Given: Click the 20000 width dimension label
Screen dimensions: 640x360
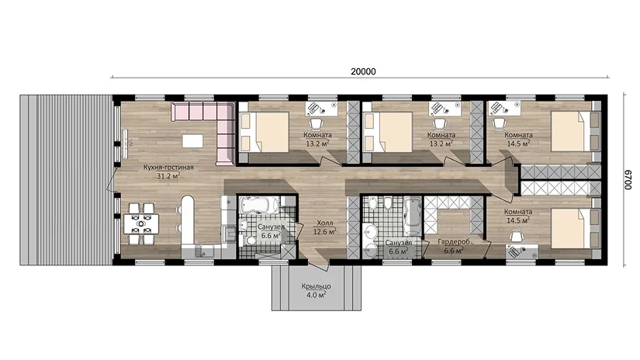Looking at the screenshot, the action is point(363,72).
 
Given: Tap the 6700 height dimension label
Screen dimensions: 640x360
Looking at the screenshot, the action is point(628,179).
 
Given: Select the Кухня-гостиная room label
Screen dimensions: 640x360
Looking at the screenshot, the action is point(168,168).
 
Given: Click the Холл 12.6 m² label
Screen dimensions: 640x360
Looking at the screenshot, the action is point(325,228).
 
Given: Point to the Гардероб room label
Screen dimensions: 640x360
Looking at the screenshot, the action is point(454,241).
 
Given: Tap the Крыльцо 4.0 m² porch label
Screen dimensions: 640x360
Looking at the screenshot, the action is point(317,290).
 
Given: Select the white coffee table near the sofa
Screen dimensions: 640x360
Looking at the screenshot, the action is point(192,140).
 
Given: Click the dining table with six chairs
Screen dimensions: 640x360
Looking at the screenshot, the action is point(141,223).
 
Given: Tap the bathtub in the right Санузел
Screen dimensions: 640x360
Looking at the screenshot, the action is point(412,216).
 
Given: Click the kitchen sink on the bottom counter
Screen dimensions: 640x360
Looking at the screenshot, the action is point(201,250).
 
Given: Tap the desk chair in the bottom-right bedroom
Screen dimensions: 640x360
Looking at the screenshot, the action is point(517,236).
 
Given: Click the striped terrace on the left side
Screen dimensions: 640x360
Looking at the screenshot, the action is point(66,180).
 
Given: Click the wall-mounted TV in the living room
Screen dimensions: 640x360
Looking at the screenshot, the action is point(126,143).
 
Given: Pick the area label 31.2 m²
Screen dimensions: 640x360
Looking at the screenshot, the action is point(168,176).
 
